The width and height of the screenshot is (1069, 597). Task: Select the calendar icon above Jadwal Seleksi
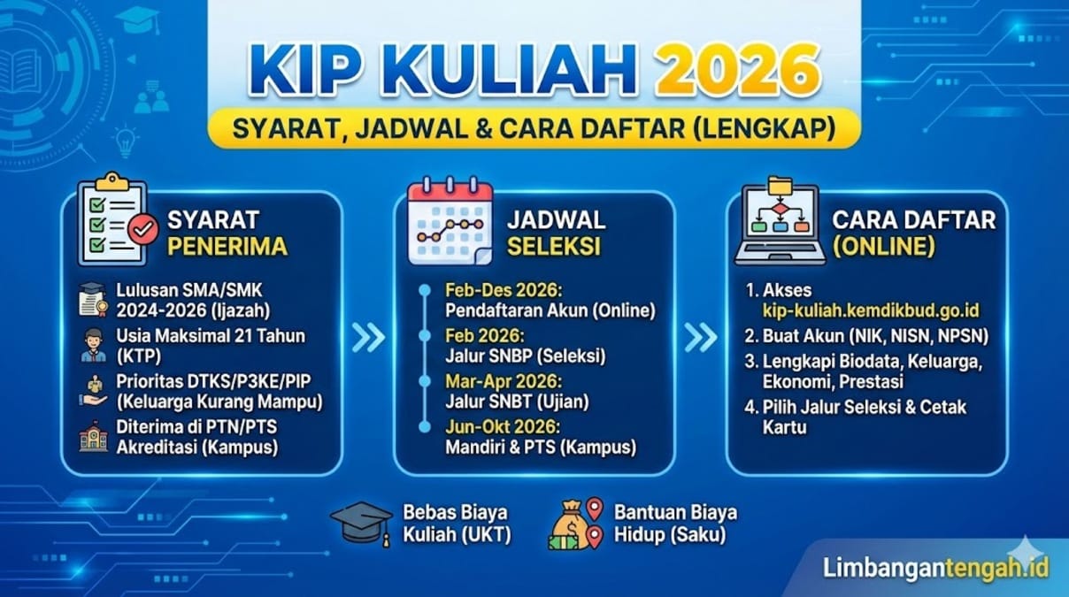click(450, 220)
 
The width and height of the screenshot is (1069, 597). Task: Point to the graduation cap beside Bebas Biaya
click(361, 523)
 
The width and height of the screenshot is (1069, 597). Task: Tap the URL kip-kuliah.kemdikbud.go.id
click(871, 311)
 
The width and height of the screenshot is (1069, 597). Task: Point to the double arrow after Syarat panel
click(367, 336)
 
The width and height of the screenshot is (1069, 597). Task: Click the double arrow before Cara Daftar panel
click(700, 336)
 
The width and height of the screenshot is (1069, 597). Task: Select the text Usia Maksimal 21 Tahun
click(211, 336)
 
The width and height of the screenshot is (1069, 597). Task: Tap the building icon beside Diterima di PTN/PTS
click(93, 436)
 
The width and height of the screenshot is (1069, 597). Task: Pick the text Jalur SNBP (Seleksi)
click(526, 356)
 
